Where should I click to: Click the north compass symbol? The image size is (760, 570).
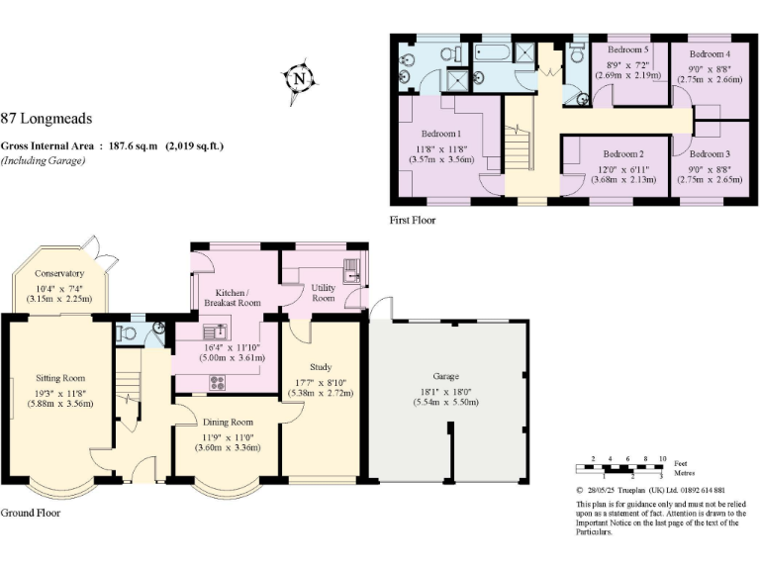coord(298,77)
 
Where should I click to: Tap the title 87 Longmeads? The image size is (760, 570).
coord(47,119)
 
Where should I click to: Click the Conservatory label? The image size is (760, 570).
coord(58,273)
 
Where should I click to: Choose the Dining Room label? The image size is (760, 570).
coord(228,423)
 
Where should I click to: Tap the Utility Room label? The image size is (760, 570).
coord(324,291)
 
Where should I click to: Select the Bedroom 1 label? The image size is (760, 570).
coord(437,134)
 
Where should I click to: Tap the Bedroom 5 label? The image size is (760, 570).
coord(627,49)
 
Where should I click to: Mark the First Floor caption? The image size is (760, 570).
coord(413,220)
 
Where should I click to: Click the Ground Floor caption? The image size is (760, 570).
coord(30,514)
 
